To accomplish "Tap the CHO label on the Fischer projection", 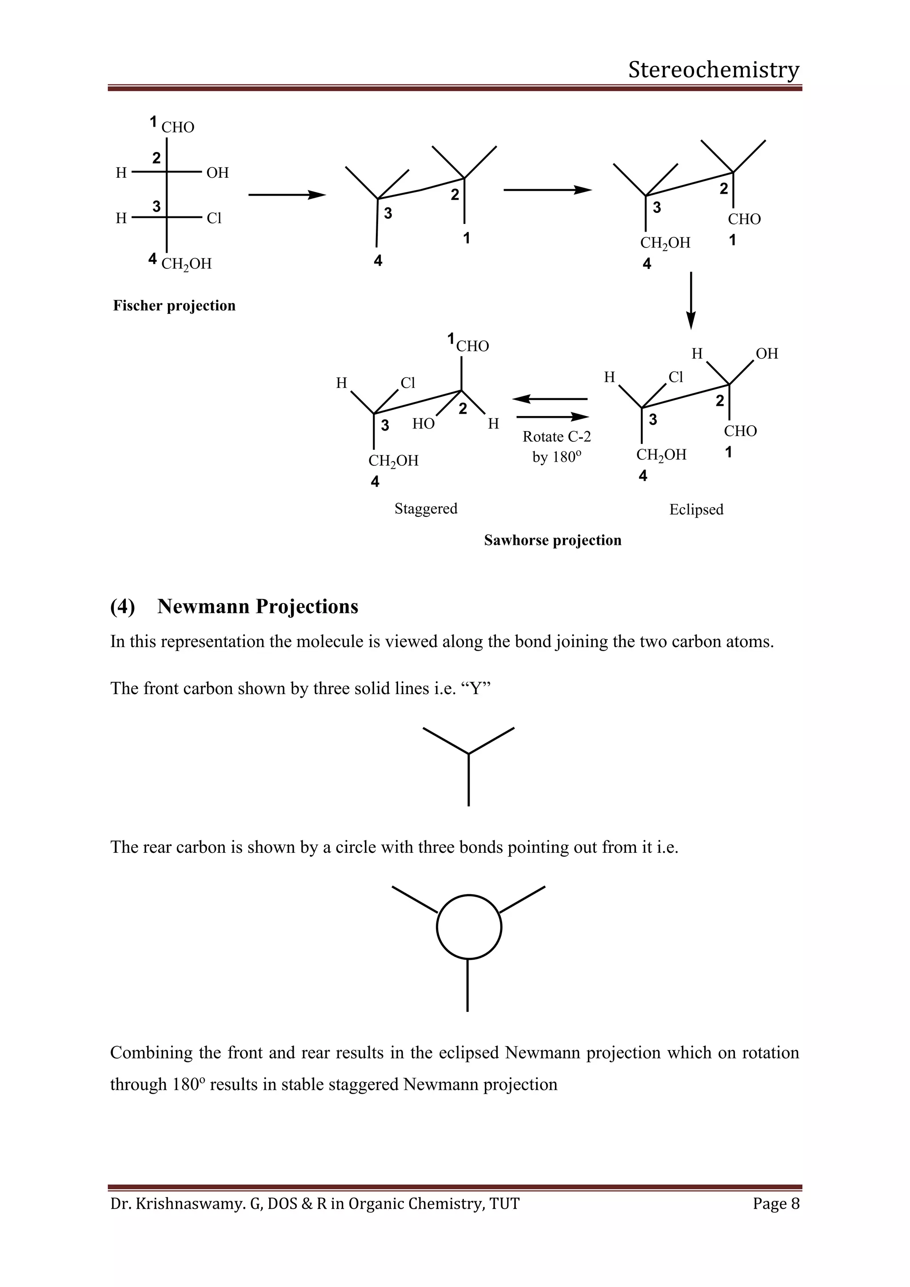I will (x=178, y=127).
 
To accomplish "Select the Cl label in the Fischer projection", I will (x=214, y=218).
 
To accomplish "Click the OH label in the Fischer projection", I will (x=217, y=172).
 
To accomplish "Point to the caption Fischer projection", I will (x=174, y=305).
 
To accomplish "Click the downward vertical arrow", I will (x=691, y=300).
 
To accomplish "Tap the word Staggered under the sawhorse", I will (x=426, y=508).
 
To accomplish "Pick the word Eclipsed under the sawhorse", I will (x=696, y=510).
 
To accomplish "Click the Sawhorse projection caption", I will (x=552, y=540).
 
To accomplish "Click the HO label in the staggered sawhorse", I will (x=423, y=424).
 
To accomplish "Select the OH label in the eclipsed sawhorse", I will (x=766, y=354).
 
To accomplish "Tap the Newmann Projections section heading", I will (x=258, y=607).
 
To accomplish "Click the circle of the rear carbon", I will (x=468, y=927).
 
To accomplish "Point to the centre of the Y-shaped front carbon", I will (x=468, y=753).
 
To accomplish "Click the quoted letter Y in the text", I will (x=476, y=688).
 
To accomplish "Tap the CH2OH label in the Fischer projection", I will (x=187, y=264).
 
